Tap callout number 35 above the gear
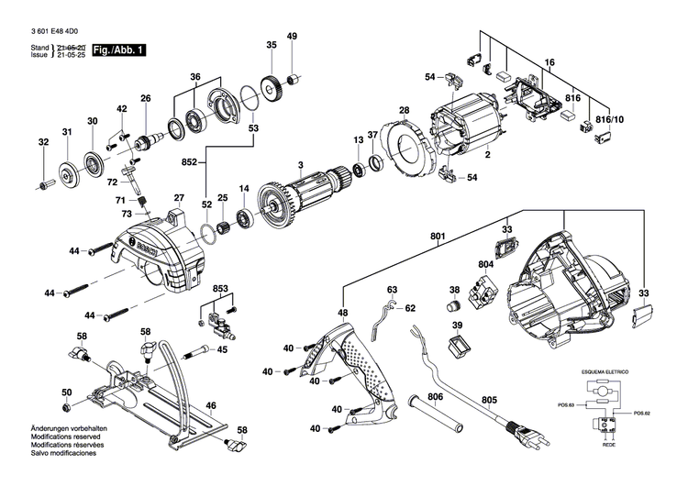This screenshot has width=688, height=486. [272, 45]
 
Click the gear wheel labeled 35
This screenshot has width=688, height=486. [271, 90]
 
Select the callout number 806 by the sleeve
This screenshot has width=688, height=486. [435, 396]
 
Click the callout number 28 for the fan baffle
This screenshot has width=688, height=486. [403, 112]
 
